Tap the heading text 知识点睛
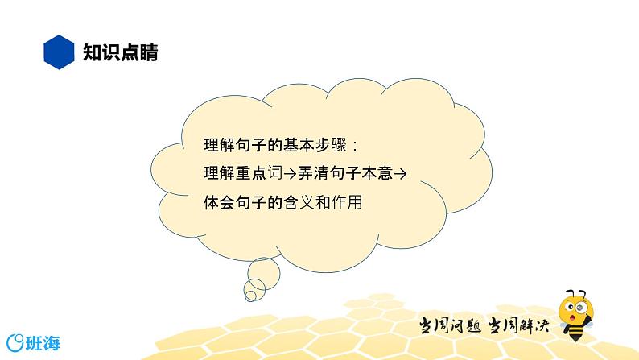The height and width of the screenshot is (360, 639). pos(120,53)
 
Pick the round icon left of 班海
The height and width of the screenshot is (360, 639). pos(13,340)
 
